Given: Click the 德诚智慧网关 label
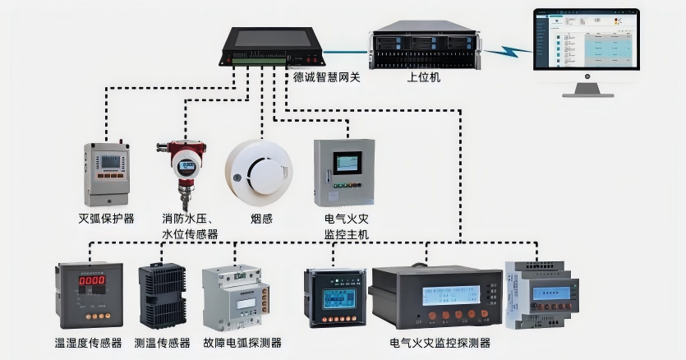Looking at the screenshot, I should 326,77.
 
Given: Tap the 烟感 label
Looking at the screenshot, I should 261,219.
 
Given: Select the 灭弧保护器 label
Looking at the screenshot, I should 106,219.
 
